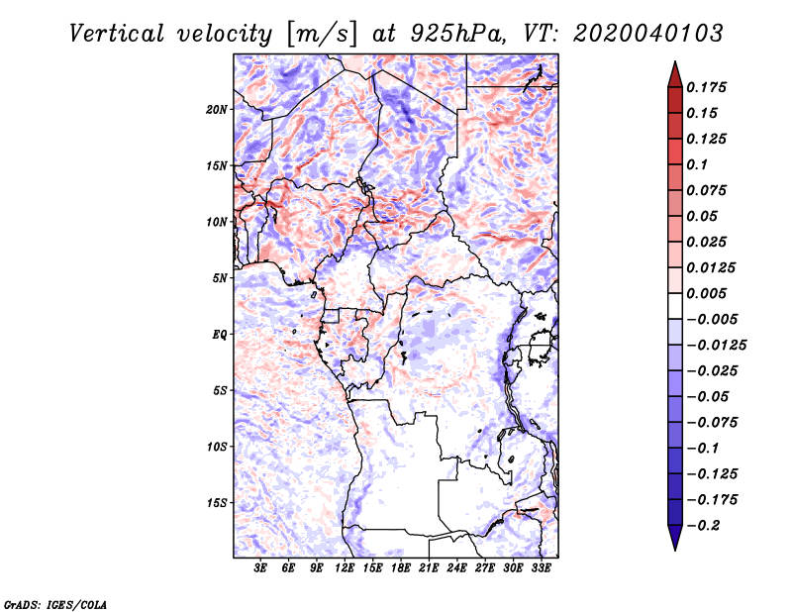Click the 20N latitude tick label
217,110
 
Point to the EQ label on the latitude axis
220,335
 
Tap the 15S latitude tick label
217,503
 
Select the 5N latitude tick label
220,278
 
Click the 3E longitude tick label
260,568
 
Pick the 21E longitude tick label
429,568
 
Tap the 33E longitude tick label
541,568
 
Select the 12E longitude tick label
345,568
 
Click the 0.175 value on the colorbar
706,87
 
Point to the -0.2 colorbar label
704,526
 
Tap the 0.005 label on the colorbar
706,293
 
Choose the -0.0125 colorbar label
716,346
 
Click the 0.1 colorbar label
697,164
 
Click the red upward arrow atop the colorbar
675,75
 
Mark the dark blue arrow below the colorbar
675,538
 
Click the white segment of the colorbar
675,306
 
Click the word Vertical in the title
117,34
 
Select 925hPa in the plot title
457,34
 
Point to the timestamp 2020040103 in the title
648,34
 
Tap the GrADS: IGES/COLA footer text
55,604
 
